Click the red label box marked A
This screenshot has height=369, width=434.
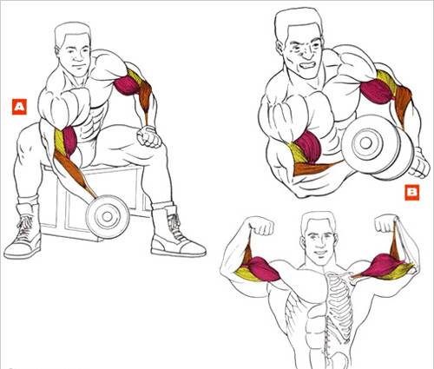(x=19, y=107)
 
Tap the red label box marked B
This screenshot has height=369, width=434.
(x=411, y=193)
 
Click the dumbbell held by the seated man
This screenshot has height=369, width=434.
(x=108, y=216)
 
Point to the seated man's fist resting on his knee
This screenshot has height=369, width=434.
(x=149, y=136)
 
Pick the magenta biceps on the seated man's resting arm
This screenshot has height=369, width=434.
(x=127, y=85)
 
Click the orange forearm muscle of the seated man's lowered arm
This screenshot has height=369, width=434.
(x=73, y=171)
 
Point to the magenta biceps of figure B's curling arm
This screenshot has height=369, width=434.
(x=309, y=145)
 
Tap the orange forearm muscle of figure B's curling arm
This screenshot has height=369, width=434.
(x=312, y=168)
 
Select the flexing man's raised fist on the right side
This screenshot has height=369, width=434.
(x=385, y=223)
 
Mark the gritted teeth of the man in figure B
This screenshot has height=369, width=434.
(x=306, y=65)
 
